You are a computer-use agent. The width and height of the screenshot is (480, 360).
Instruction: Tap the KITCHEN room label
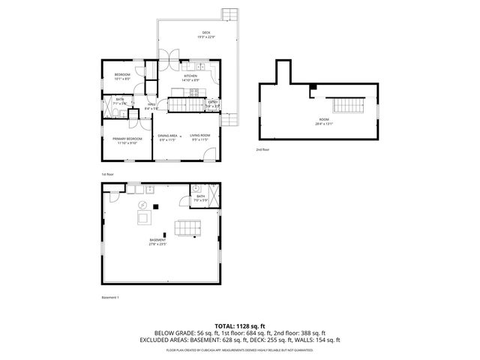point(190,76)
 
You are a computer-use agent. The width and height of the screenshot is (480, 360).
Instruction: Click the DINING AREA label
point(166,136)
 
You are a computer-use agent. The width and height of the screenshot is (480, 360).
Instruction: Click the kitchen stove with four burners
point(194,93)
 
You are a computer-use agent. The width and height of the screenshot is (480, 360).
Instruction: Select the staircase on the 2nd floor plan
point(346,105)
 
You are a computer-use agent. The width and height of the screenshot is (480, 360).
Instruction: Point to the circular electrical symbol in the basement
point(140,205)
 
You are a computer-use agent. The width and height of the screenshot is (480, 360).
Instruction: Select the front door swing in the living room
point(208,157)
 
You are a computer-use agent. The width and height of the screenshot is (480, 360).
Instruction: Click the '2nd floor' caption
point(262,149)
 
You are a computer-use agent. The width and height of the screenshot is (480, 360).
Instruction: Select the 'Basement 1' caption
point(110,298)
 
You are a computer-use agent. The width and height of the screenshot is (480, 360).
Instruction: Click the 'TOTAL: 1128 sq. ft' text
point(240,326)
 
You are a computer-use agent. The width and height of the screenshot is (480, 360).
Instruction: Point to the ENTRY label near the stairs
point(214,103)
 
